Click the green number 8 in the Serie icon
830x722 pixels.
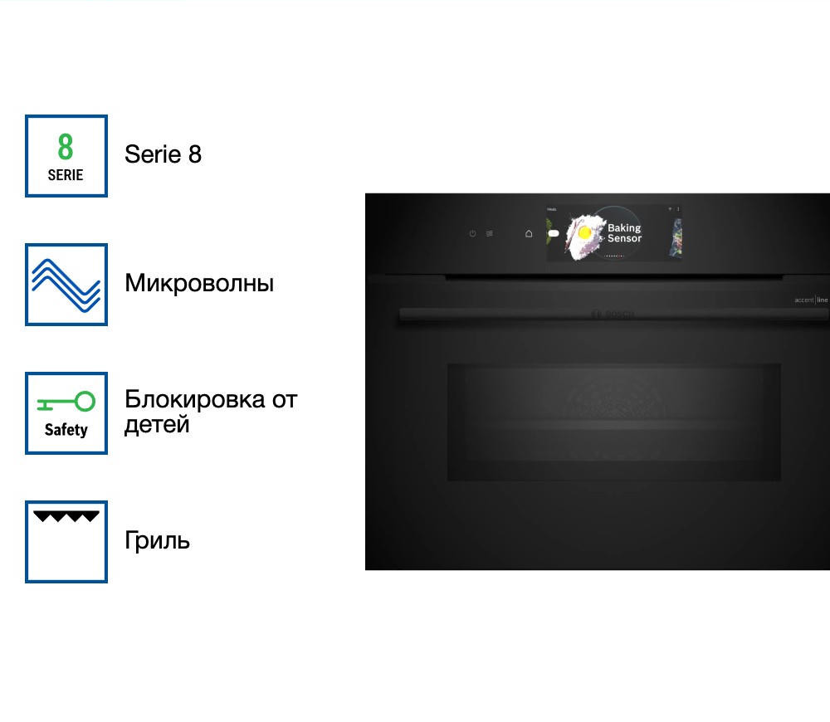tap(66, 147)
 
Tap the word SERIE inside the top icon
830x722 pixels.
tap(66, 175)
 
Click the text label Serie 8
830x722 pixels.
tap(163, 154)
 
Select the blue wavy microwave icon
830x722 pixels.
tap(66, 284)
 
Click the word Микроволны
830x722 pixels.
tap(199, 283)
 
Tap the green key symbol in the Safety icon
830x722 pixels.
tap(66, 402)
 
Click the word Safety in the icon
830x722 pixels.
tap(66, 430)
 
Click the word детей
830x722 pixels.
tap(157, 424)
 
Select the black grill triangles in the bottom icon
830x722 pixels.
tap(66, 516)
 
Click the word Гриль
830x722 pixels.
tap(157, 540)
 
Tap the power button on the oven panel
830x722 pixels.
tap(472, 234)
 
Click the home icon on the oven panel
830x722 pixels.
tap(529, 234)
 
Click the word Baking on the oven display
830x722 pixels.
tap(624, 228)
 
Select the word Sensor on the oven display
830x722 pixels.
tap(624, 239)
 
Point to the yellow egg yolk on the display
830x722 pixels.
tap(584, 232)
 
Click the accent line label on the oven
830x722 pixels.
tap(811, 300)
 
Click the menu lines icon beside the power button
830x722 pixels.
tap(490, 234)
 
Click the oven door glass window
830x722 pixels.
tap(613, 422)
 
